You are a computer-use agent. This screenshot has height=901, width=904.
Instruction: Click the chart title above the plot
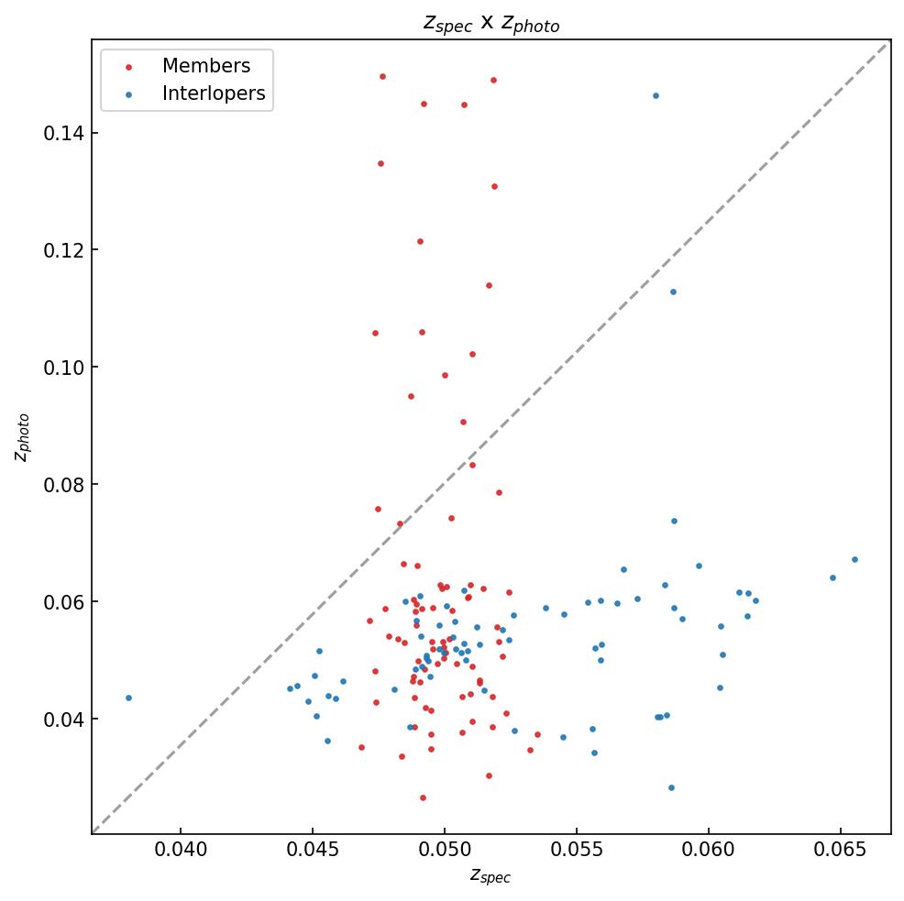pos(491,23)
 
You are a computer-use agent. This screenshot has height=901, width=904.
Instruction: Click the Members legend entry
pos(205,66)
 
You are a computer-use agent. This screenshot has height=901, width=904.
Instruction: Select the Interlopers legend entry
pos(213,93)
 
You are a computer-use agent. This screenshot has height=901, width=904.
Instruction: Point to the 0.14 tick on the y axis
pos(62,134)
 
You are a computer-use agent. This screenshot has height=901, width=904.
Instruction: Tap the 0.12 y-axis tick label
pos(62,250)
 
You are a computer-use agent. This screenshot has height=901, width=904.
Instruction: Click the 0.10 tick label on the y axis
pos(62,368)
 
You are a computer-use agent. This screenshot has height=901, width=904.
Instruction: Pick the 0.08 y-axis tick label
pos(62,485)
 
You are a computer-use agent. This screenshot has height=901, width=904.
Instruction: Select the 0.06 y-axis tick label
pos(62,602)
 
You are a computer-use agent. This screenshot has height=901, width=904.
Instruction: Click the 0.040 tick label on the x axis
pos(181,850)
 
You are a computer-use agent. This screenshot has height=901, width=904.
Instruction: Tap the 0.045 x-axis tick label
pos(313,850)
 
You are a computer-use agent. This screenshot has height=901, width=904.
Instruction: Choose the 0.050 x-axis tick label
pos(445,850)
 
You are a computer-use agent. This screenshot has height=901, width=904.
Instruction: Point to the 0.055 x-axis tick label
pos(577,850)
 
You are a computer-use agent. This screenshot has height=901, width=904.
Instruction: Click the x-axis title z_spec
pos(491,876)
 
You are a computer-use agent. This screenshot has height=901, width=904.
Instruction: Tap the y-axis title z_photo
pos(23,437)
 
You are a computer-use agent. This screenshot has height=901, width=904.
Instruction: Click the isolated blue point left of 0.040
pos(128,698)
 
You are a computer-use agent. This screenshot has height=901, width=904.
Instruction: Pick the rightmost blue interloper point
pos(854,559)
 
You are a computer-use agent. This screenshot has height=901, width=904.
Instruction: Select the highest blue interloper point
pos(656,95)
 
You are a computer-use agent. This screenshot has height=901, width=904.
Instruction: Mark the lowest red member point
pos(423,797)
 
